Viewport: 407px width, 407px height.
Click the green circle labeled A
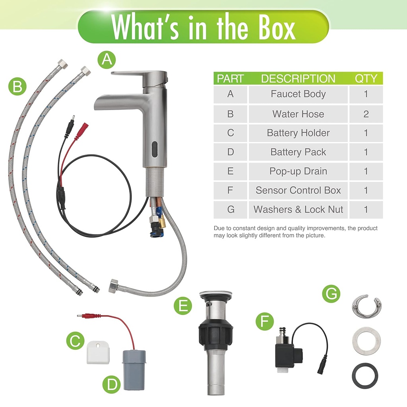(x=107, y=60)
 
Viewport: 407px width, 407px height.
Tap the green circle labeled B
(x=17, y=86)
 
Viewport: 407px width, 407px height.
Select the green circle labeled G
(x=331, y=294)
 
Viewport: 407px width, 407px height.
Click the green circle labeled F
(x=265, y=321)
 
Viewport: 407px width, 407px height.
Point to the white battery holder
(x=98, y=353)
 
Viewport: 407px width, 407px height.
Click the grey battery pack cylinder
(x=134, y=370)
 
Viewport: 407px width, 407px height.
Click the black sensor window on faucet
(x=154, y=149)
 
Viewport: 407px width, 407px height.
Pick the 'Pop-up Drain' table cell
(x=298, y=171)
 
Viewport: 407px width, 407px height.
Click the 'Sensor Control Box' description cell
(x=298, y=190)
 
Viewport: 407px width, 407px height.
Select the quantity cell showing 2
(x=366, y=114)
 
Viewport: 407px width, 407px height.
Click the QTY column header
(x=366, y=78)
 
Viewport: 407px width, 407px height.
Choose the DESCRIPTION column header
(x=298, y=78)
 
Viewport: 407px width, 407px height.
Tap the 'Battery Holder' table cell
(x=298, y=133)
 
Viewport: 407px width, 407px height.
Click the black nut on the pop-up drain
(x=215, y=335)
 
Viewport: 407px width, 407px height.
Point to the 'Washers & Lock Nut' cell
(x=298, y=209)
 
